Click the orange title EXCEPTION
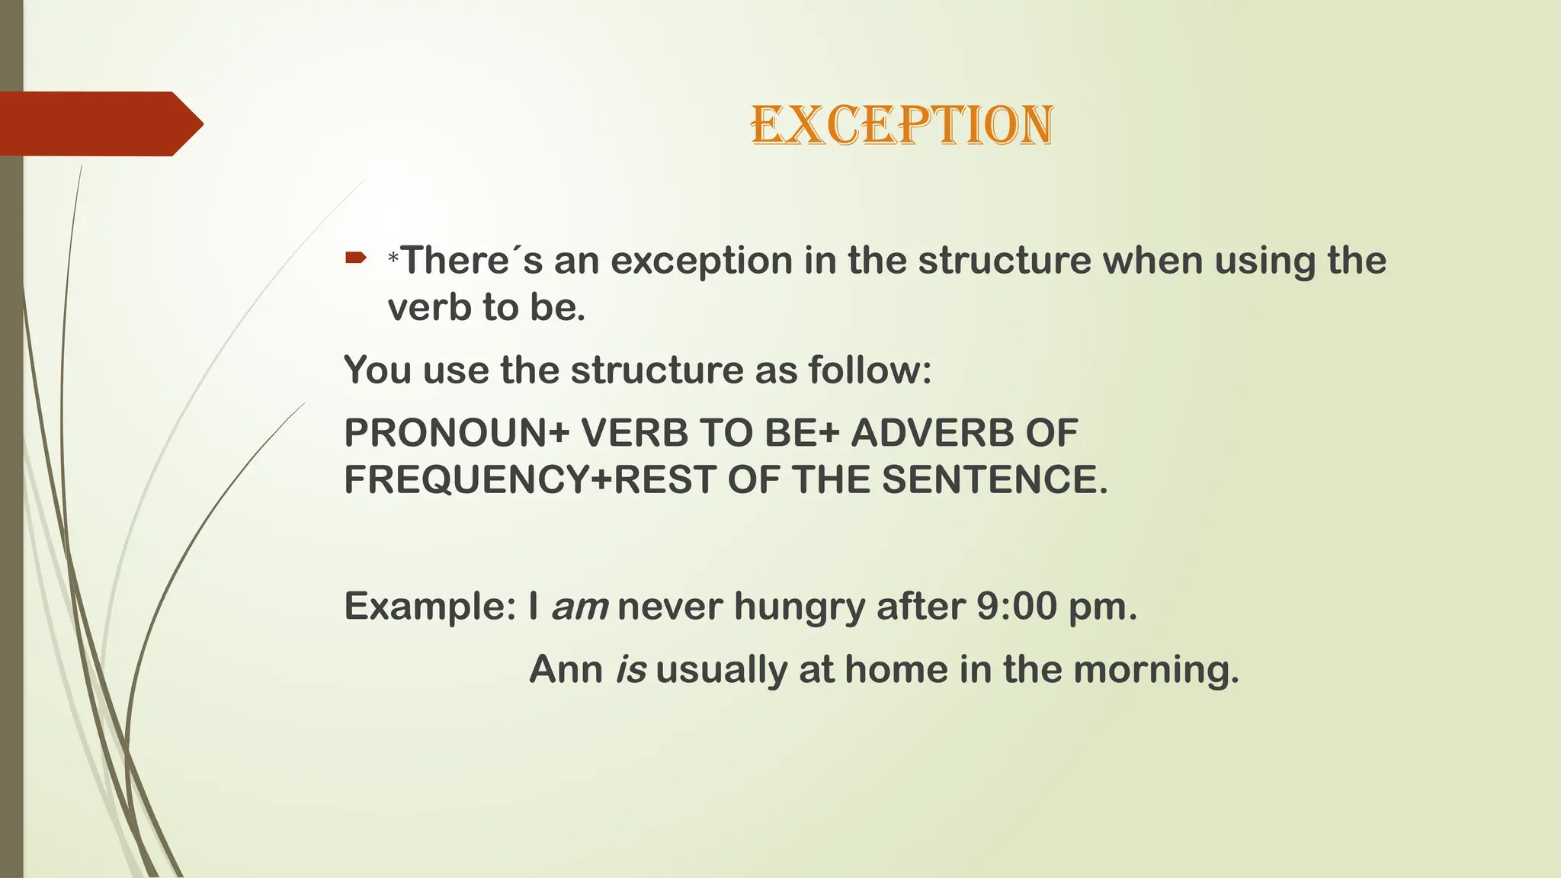pyautogui.click(x=902, y=125)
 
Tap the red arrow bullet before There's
pyautogui.click(x=356, y=258)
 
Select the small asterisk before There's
pyautogui.click(x=393, y=259)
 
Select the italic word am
pyautogui.click(x=579, y=607)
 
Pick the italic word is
pyautogui.click(x=630, y=670)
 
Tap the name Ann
pyautogui.click(x=566, y=670)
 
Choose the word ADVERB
pyautogui.click(x=931, y=433)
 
